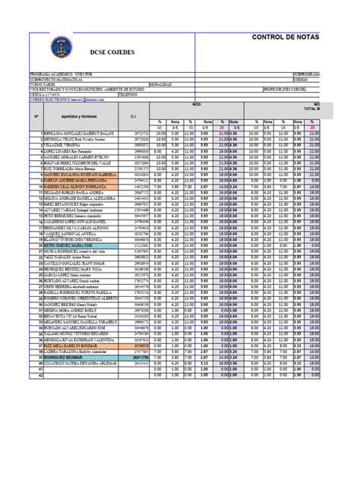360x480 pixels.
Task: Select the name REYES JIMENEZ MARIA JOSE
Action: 65,246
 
